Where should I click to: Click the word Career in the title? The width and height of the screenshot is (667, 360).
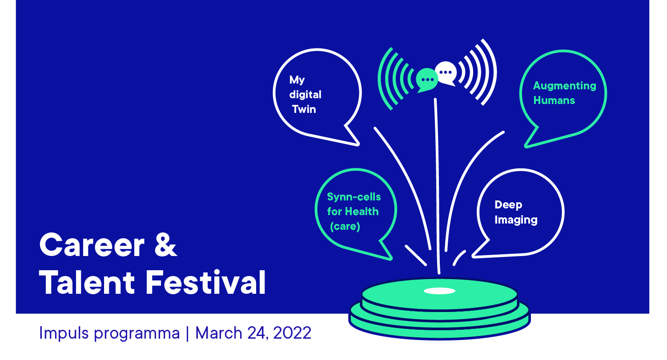point(92,245)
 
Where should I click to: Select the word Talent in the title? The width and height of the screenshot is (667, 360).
point(87,282)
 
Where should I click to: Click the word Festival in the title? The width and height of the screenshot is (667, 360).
point(205,282)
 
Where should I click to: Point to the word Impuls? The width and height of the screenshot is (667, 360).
point(64,333)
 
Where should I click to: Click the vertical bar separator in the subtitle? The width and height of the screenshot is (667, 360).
point(187,333)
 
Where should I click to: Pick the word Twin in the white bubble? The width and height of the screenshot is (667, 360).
point(304,109)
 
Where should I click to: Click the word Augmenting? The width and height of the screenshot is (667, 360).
point(565,86)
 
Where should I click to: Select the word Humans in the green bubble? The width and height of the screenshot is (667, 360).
point(554,100)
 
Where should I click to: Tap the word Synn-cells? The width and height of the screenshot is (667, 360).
point(354,196)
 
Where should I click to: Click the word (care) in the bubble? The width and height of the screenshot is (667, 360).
point(345,226)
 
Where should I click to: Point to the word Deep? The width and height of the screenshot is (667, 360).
point(508,205)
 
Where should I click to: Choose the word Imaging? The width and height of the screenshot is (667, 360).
point(516,220)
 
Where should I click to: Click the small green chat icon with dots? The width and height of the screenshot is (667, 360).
point(427,80)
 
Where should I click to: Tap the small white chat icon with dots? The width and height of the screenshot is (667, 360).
point(446,73)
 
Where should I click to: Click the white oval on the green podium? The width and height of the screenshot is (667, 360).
point(439,291)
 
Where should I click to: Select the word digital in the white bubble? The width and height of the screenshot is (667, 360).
point(305,95)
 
